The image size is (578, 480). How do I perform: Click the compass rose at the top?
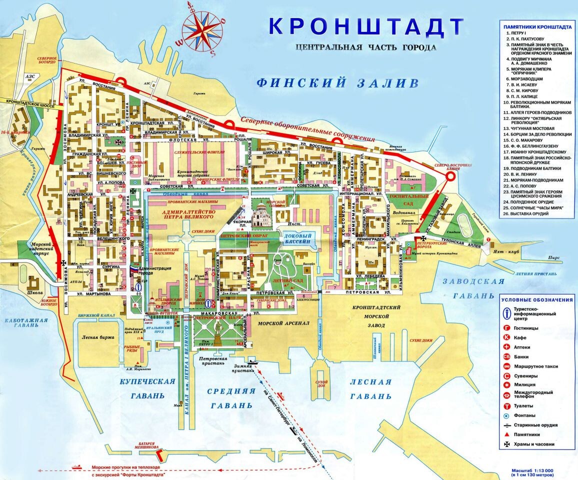click(202, 27)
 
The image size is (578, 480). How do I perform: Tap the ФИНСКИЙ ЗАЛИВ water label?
click(337, 82)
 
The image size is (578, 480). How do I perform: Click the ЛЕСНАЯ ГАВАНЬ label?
click(370, 388)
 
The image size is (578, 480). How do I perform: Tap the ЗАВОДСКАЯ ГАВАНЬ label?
click(474, 288)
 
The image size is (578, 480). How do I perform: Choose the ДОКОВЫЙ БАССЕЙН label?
click(298, 238)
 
